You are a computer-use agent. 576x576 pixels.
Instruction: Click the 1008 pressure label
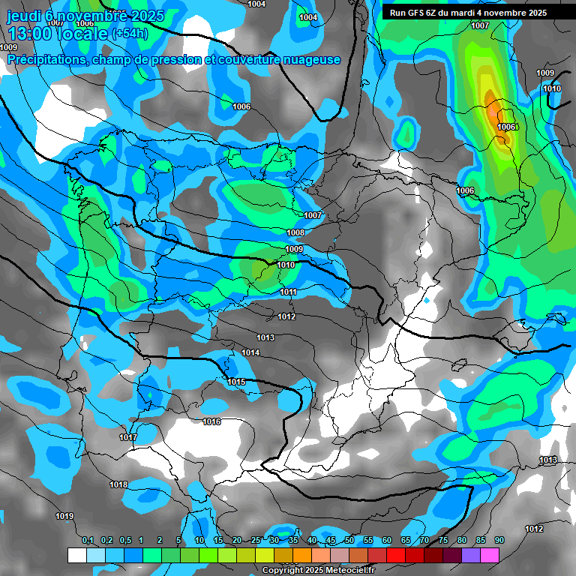click(295, 233)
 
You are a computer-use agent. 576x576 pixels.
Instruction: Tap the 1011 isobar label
click(289, 292)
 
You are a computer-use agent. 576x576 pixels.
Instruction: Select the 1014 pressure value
click(250, 352)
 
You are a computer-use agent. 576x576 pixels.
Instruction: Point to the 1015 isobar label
click(236, 382)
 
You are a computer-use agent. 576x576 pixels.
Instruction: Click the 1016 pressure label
click(211, 422)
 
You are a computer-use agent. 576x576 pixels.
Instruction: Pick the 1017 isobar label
click(128, 437)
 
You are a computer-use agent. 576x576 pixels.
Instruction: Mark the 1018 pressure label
click(118, 484)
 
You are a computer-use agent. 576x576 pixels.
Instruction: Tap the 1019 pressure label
click(64, 516)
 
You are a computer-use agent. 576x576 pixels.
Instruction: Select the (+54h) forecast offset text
click(129, 34)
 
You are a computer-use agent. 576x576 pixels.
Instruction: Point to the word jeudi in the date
click(22, 16)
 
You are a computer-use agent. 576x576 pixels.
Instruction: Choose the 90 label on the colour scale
click(499, 541)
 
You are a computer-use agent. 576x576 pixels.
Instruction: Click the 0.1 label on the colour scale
click(87, 541)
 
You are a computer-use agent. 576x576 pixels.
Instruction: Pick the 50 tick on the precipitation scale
click(349, 541)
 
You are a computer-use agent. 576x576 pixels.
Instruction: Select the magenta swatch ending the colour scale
click(490, 555)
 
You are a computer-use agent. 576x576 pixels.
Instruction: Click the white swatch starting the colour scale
click(76, 555)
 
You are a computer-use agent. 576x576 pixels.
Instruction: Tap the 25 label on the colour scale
click(256, 541)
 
